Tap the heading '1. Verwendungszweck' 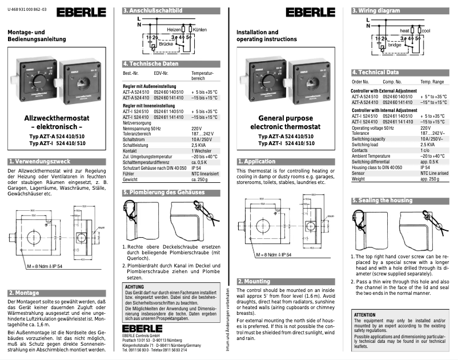point(37,162)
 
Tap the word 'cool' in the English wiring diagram point(425,30)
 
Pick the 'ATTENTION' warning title point(365,315)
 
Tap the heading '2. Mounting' point(254,281)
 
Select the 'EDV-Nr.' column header point(160,74)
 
